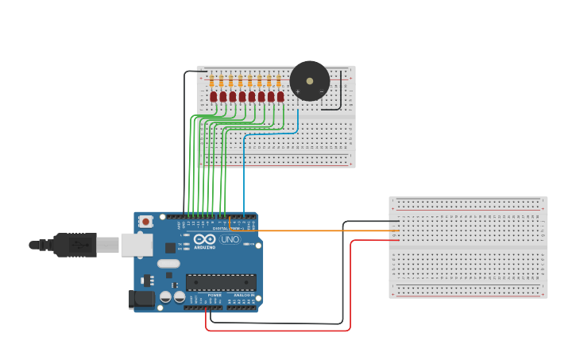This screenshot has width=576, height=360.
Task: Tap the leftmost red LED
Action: (214, 96)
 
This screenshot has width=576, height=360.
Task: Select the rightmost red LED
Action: (280, 96)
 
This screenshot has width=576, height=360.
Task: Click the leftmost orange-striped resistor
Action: (211, 80)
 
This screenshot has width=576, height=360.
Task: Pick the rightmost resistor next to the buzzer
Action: (278, 80)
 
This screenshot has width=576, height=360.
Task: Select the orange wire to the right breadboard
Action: (318, 230)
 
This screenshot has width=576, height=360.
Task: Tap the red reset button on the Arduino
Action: (145, 223)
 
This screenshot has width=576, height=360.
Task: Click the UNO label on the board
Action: (230, 239)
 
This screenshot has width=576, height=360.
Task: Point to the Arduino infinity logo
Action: (204, 239)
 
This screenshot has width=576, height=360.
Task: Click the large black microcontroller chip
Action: (221, 282)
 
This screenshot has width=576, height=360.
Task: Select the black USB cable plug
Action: (75, 245)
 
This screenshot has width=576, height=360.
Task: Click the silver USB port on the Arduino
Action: (136, 244)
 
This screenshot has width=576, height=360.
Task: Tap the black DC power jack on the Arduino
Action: (141, 300)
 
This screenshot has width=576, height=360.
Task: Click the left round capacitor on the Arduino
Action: (165, 296)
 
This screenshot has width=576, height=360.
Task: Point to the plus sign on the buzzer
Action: (298, 91)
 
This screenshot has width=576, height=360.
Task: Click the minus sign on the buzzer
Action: (321, 91)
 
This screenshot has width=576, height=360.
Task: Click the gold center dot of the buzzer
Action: (310, 80)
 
